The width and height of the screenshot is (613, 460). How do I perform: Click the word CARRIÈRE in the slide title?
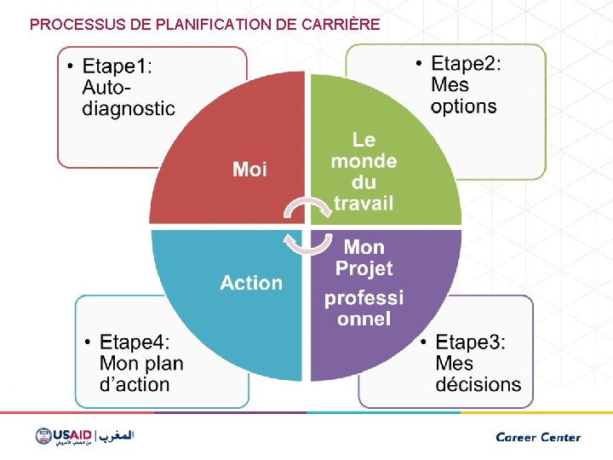(341, 25)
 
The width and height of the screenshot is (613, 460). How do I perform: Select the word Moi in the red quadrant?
(250, 170)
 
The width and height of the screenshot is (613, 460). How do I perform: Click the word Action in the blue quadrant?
(251, 283)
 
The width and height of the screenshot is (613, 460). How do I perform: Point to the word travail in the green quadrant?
(364, 203)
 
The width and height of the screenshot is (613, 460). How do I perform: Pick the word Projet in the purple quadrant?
(364, 268)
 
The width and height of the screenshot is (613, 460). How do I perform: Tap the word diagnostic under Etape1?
(129, 108)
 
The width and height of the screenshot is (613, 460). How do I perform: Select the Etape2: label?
(466, 64)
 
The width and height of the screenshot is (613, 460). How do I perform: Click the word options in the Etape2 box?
(463, 106)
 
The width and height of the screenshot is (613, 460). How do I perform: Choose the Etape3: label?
(470, 342)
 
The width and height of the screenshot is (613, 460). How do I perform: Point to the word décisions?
(478, 384)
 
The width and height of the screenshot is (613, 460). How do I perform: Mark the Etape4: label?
(135, 342)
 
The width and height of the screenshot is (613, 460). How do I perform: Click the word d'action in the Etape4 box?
(135, 384)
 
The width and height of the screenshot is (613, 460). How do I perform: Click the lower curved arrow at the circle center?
(306, 242)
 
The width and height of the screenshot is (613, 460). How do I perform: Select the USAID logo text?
(72, 435)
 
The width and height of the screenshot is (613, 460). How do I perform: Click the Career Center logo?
(538, 437)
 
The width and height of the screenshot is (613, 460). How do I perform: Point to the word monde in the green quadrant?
(364, 161)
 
